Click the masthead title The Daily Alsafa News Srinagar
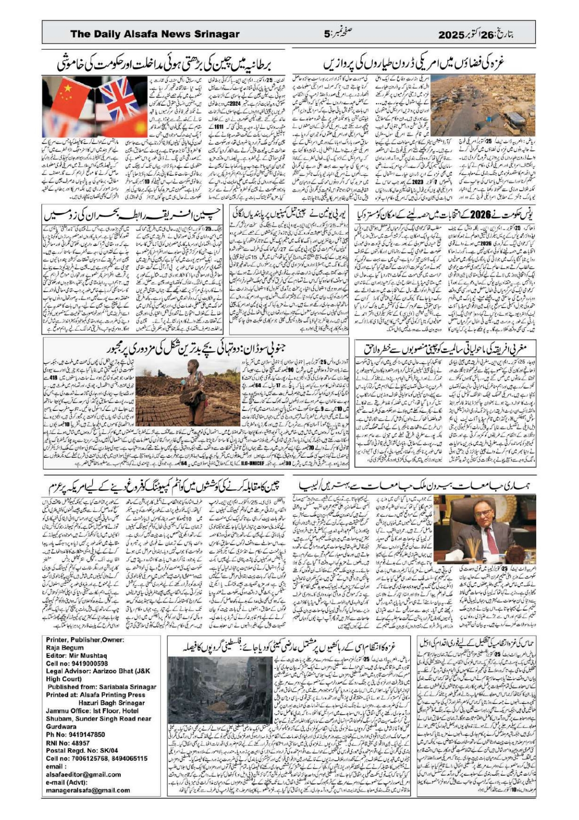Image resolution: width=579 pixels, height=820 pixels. (x=155, y=34)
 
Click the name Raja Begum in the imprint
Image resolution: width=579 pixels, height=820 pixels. (x=65, y=648)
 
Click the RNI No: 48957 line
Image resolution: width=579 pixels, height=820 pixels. (x=68, y=743)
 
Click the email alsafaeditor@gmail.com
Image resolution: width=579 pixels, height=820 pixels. (x=84, y=774)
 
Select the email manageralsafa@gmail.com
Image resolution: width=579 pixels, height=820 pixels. (x=88, y=790)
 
